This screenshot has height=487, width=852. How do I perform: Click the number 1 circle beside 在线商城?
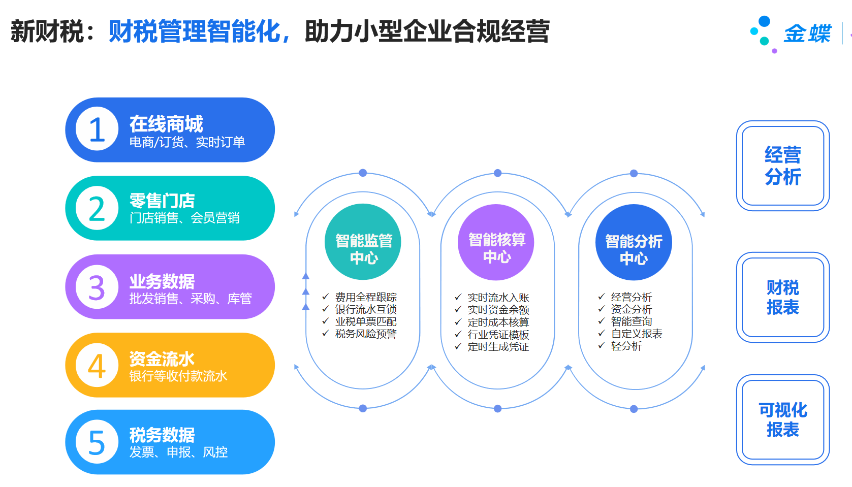[97, 129]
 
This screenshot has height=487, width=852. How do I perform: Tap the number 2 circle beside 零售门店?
[97, 208]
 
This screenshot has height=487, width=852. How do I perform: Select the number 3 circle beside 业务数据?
[97, 286]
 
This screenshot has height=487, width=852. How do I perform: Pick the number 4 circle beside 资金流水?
[97, 365]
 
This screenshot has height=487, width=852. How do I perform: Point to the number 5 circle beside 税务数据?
[97, 442]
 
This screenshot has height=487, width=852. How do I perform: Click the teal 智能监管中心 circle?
[363, 242]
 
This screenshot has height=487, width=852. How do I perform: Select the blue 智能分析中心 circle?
[634, 242]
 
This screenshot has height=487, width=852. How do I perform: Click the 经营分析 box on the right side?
[783, 166]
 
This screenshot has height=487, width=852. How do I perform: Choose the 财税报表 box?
[783, 297]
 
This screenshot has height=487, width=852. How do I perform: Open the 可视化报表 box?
[783, 419]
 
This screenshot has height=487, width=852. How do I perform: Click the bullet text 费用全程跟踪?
[366, 297]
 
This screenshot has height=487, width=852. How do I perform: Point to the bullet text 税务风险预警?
[366, 334]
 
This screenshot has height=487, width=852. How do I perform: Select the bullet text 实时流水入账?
[498, 298]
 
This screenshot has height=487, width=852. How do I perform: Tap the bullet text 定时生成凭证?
[498, 347]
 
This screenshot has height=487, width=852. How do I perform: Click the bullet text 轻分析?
[626, 346]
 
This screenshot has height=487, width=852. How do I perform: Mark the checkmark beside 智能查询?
[602, 321]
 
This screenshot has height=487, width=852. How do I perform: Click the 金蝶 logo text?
[807, 34]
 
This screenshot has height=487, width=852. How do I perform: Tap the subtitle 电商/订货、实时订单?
[187, 142]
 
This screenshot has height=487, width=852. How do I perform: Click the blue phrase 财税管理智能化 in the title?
[195, 31]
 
